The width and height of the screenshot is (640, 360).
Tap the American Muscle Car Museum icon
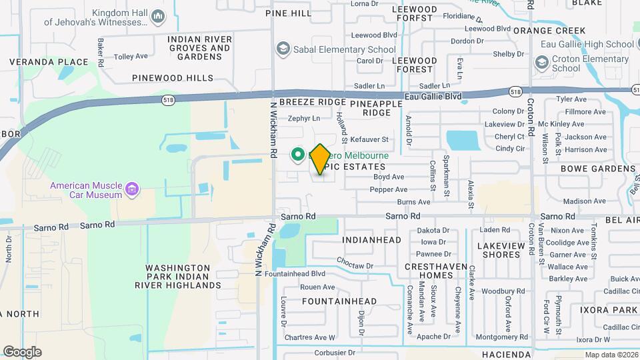coord(132,190)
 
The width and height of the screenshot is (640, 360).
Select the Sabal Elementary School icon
coord(283,49)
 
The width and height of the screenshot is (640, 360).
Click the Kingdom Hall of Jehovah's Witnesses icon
coord(158,15)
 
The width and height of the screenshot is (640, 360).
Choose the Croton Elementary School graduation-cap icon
coord(541,63)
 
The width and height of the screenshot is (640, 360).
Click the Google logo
coord(22,351)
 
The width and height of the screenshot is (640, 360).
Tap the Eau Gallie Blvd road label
coord(433,97)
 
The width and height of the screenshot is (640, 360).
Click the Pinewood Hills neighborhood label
coord(173,78)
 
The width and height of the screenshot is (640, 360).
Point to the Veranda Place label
coord(49,62)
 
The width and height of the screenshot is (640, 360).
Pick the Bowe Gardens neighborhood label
coord(598,169)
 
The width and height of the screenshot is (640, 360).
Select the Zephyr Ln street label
coord(304,119)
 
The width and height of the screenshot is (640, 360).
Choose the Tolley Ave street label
coord(131,57)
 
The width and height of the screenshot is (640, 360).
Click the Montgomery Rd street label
coord(502,337)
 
